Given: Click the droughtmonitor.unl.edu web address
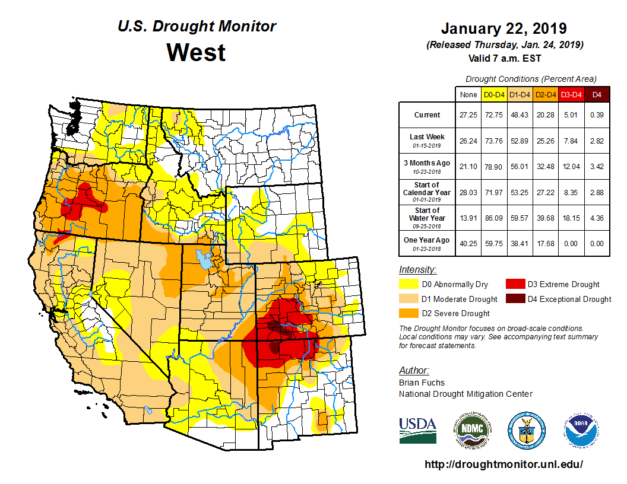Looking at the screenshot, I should (x=503, y=464).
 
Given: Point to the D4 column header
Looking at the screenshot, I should (x=597, y=94).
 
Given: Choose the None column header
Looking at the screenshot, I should (x=468, y=94).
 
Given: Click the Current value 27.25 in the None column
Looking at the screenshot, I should (x=468, y=115).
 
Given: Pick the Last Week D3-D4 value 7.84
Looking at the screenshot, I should (x=571, y=141).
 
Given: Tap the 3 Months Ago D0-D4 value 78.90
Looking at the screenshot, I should (x=494, y=167).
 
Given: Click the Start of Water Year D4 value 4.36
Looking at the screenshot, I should (x=597, y=218).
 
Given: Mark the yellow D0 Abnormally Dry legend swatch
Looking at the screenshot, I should (x=408, y=284).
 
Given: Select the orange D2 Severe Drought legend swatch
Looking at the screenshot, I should (x=408, y=313).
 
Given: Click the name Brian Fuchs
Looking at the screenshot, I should (x=422, y=383).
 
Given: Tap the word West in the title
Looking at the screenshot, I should (x=196, y=52).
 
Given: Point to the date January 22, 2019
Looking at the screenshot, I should (x=503, y=28).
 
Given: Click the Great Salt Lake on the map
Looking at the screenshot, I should (x=203, y=257).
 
